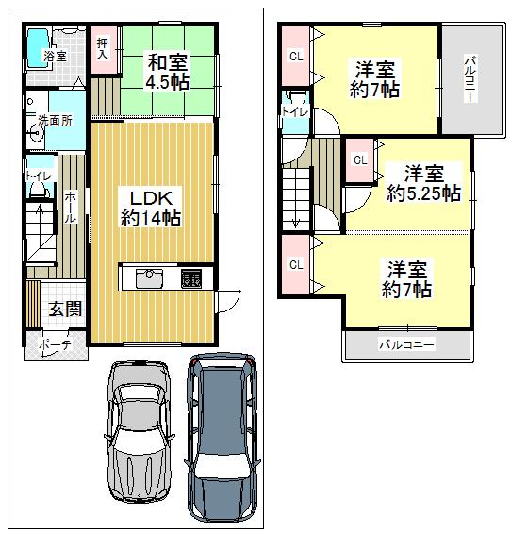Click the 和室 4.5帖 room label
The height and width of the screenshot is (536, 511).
point(167,72)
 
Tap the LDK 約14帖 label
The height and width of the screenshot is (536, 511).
point(150,208)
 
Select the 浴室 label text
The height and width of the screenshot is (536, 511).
point(55,57)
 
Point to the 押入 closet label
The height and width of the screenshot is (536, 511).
point(103,49)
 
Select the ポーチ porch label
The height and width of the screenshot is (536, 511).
point(55,346)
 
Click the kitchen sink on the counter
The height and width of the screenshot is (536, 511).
point(150,278)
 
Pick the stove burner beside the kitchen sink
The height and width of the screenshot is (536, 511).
point(190,279)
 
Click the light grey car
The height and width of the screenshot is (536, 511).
point(140,429)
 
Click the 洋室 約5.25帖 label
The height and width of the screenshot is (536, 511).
point(424,183)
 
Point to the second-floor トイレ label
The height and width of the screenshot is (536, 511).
point(294,111)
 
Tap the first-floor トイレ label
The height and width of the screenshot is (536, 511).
point(38,176)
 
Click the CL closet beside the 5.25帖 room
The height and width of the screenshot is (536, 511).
point(360,159)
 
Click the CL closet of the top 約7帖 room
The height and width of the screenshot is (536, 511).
point(296,57)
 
